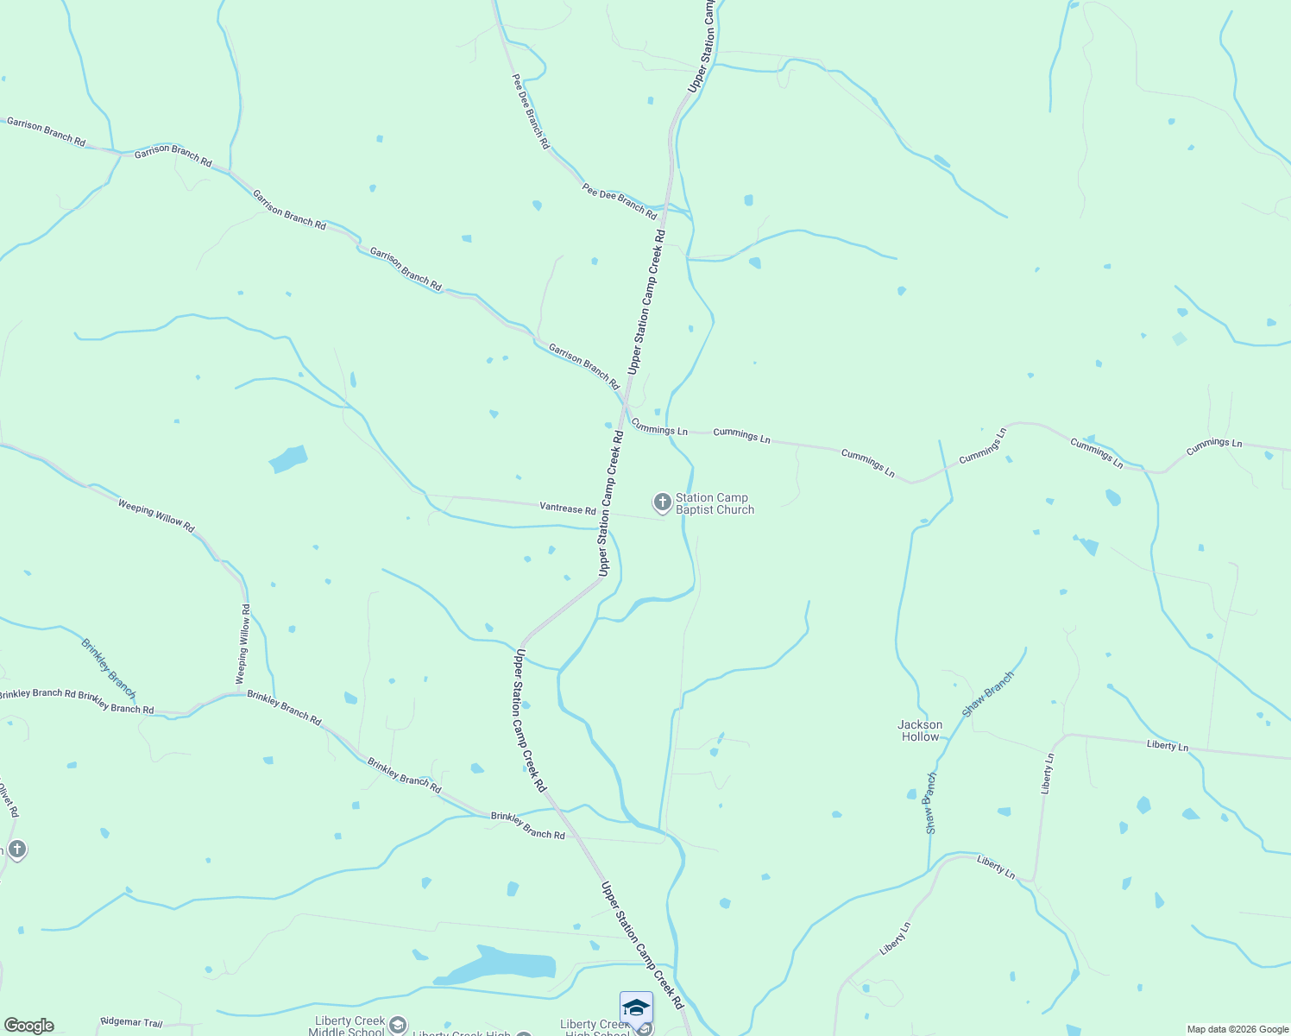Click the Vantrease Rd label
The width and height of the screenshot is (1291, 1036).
tap(567, 509)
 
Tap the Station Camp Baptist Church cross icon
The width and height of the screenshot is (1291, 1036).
tap(662, 502)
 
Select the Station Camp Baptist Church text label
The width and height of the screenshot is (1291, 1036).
tap(715, 503)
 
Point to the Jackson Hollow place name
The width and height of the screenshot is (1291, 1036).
tap(920, 730)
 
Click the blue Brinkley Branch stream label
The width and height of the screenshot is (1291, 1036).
tap(109, 668)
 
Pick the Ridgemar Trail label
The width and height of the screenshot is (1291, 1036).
tap(131, 1022)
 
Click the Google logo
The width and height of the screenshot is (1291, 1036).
tap(28, 1026)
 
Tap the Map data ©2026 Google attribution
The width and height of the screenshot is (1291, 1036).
tap(1237, 1029)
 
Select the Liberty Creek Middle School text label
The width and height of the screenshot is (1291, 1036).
tap(349, 1026)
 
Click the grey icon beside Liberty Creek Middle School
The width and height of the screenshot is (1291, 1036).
tap(397, 1025)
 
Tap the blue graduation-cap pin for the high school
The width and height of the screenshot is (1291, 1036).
tap(636, 1008)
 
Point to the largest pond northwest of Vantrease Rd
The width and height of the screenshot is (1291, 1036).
tap(289, 458)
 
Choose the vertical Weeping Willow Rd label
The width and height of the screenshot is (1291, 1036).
tap(244, 644)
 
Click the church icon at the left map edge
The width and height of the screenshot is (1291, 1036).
tap(16, 850)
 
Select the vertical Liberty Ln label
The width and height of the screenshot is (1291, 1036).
tap(1047, 774)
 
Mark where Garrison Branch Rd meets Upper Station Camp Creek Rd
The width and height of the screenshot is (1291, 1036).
tap(627, 402)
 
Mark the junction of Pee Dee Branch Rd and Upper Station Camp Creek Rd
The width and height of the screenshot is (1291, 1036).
tap(667, 208)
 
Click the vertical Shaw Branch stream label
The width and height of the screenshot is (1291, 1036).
tap(930, 803)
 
